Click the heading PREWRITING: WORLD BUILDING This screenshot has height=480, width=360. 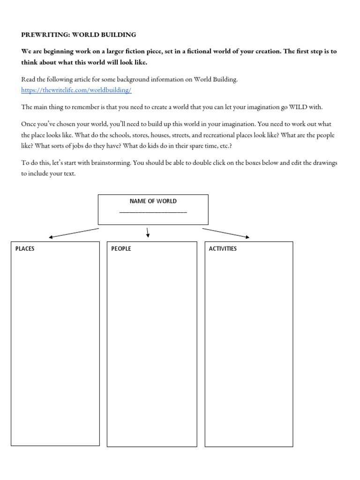[x=79, y=35]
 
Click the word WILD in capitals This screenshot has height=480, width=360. [x=299, y=107]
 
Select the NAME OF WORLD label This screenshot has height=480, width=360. [x=153, y=201]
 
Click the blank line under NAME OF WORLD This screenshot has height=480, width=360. [x=153, y=212]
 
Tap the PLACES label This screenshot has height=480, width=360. [x=25, y=248]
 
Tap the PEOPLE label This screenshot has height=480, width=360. [x=121, y=248]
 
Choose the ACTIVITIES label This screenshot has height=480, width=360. [x=223, y=248]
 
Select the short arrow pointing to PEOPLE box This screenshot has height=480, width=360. [x=148, y=232]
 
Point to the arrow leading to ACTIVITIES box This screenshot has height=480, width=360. [x=226, y=233]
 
